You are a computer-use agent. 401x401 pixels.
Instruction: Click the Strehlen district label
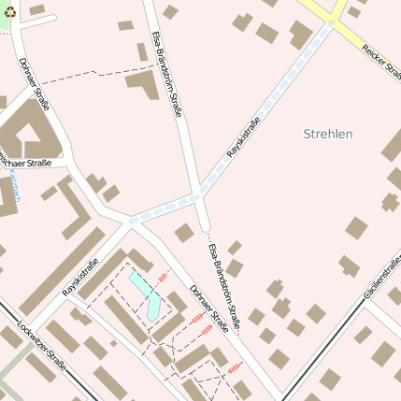[328, 134]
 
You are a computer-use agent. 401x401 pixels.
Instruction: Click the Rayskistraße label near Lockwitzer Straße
[80, 278]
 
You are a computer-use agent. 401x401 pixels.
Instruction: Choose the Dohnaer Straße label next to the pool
[208, 309]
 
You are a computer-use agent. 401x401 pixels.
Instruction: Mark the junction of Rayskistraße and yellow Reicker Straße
[332, 22]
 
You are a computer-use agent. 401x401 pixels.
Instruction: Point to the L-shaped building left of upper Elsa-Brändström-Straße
[142, 84]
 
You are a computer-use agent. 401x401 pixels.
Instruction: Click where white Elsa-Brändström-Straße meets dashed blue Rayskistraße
[200, 195]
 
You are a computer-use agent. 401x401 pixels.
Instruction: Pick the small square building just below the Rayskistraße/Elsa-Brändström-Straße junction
[184, 233]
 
